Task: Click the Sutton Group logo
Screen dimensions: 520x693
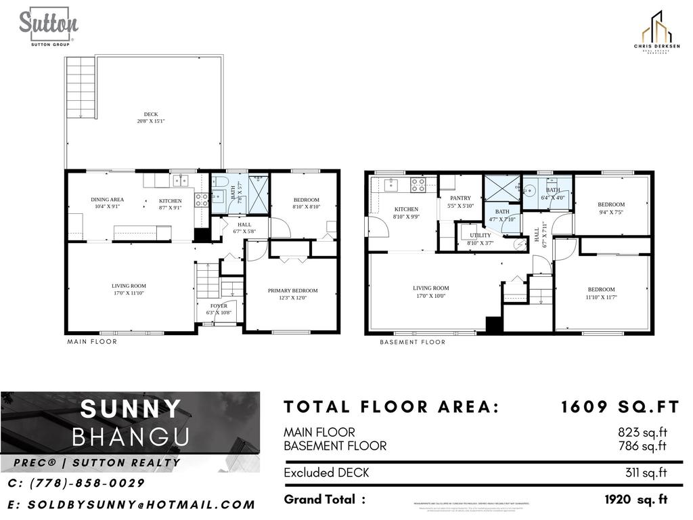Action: [x=48, y=27]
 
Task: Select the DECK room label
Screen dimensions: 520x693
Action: [x=150, y=117]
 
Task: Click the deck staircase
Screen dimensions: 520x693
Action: [x=81, y=87]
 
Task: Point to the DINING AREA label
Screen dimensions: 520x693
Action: [x=108, y=202]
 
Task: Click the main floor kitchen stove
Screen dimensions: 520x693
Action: [x=202, y=199]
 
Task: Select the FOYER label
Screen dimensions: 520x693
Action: [x=218, y=309]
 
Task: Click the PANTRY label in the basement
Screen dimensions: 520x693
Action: [x=460, y=202]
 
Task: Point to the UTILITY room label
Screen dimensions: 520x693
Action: [x=480, y=238]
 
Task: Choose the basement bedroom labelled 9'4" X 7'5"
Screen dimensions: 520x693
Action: [x=611, y=208]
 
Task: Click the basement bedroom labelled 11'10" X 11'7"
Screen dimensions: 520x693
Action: [x=601, y=292]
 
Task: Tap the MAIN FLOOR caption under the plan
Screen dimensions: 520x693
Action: [x=92, y=342]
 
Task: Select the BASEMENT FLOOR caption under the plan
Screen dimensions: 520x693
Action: [x=412, y=342]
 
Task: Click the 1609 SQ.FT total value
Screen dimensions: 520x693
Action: [x=619, y=407]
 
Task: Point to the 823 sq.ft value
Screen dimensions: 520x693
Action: [x=642, y=432]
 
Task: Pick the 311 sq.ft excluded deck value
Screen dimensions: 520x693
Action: [x=646, y=473]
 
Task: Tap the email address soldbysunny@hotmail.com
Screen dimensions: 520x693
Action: [x=132, y=504]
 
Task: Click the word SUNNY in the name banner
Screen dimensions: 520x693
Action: [x=131, y=410]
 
